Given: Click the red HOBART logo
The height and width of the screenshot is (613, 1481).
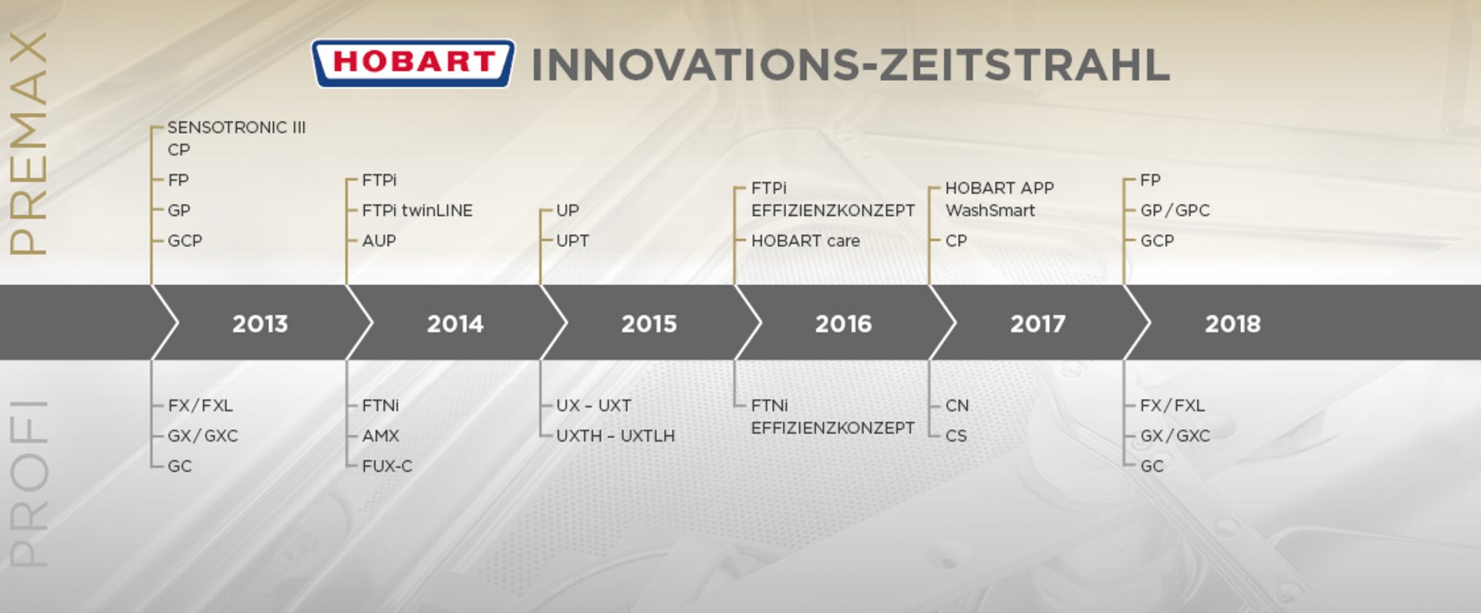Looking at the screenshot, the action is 413,63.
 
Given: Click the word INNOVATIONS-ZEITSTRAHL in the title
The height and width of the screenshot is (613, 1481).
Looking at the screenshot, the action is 851,65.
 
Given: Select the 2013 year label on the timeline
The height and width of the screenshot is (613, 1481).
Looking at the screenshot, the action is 260,324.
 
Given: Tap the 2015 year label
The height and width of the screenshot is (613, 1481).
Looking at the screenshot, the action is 649,324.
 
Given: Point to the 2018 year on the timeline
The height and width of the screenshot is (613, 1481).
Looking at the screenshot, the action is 1233,324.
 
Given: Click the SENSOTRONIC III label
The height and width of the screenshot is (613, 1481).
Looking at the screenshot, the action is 237,127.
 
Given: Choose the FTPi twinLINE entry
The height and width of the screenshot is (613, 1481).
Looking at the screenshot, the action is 417,211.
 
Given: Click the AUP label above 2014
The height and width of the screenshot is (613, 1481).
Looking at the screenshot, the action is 379,241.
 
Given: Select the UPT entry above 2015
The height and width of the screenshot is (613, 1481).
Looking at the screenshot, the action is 572,241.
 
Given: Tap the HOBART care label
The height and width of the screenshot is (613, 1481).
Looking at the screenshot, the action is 805,241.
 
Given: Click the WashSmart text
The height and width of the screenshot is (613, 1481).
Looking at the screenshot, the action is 990,211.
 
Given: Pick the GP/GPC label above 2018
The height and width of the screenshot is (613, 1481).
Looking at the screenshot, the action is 1175,211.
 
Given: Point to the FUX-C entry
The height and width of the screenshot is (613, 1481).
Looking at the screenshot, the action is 387,466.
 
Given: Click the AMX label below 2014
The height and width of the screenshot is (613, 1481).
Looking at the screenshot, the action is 381,436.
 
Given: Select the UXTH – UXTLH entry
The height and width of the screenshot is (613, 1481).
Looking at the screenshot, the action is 616,436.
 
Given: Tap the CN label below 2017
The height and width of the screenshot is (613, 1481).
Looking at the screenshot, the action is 957,406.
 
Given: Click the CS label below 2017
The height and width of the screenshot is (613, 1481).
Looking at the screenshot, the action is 956,436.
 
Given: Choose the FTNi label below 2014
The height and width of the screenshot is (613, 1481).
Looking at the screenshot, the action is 380,406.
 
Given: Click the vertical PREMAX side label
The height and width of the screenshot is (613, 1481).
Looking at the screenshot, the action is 28,143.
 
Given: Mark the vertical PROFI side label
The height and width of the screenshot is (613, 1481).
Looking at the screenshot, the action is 28,483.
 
